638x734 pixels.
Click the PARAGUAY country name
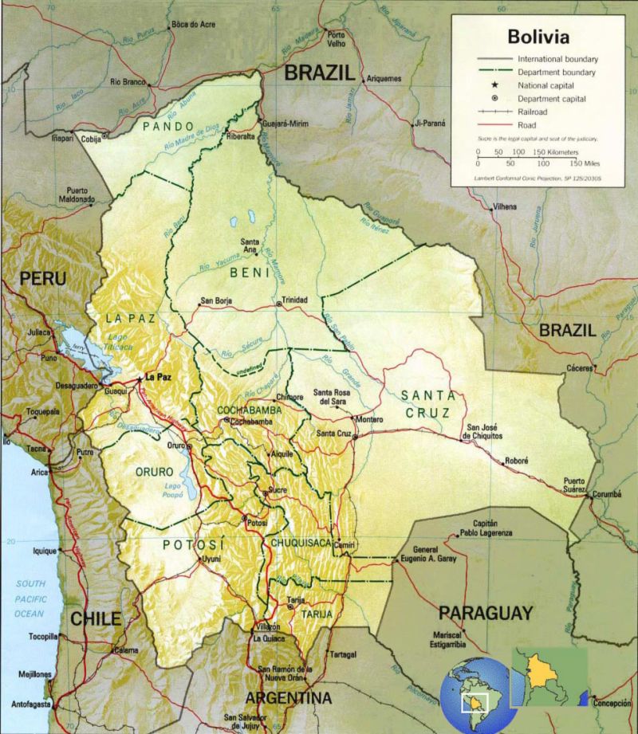[x=485, y=613]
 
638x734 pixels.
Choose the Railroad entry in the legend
[x=534, y=112]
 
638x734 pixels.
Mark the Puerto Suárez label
[x=574, y=485]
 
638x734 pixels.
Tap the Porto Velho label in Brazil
[x=336, y=39]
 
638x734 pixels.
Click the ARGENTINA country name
[x=288, y=698]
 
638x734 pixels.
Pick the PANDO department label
[x=167, y=126]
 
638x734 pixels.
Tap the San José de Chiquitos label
[x=484, y=431]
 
